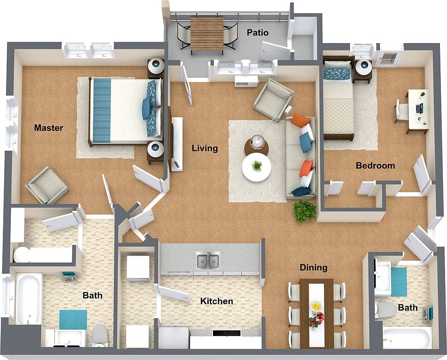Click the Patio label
(x=258, y=33)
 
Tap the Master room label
(x=48, y=127)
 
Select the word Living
(x=205, y=148)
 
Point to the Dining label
(x=313, y=268)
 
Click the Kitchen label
(x=216, y=301)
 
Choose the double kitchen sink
(x=208, y=260)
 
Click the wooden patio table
(x=207, y=34)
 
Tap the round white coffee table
(x=257, y=167)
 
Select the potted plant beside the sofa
(x=304, y=211)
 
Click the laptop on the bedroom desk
(x=420, y=108)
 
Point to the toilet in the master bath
(x=99, y=335)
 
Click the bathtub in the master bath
(x=28, y=299)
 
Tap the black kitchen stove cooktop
(x=227, y=333)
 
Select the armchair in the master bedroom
(x=47, y=186)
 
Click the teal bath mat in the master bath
(x=73, y=320)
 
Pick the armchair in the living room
(x=273, y=100)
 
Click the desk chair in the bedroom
(x=402, y=112)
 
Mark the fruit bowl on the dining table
(x=317, y=306)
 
